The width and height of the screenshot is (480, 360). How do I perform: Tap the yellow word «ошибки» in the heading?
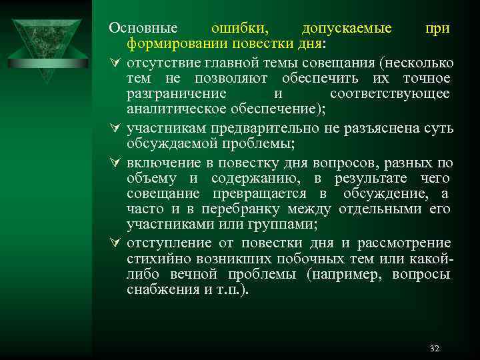[x=240, y=29]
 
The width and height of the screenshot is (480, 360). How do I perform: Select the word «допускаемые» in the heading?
[x=346, y=29]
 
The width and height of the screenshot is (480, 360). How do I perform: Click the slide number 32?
[x=435, y=349]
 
